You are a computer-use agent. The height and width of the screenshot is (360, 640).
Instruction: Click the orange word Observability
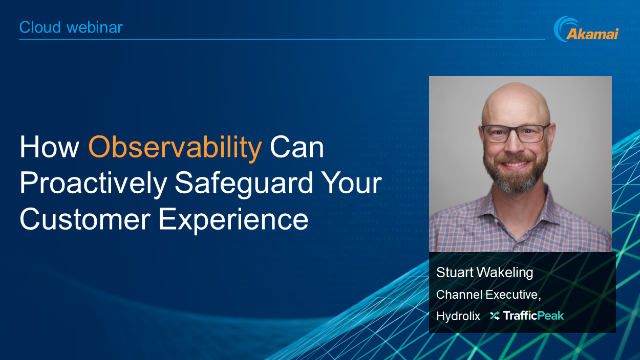pos(175,148)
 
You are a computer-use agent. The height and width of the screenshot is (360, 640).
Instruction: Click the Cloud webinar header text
pos(72,28)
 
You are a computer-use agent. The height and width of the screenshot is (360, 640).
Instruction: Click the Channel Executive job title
pos(491,294)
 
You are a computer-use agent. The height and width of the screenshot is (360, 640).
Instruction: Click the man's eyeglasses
pos(516,132)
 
